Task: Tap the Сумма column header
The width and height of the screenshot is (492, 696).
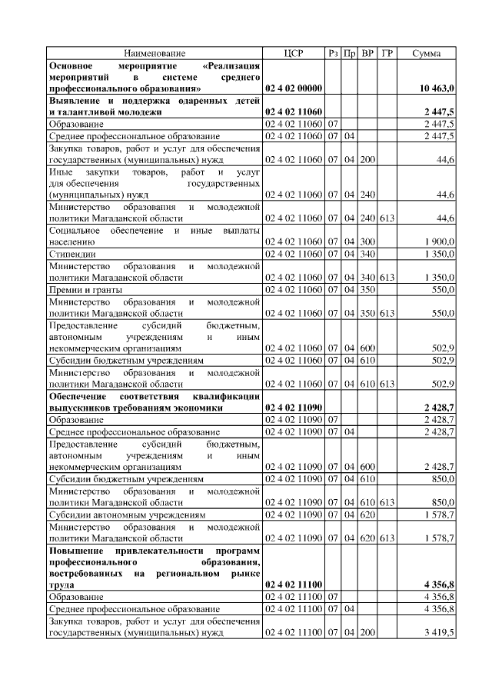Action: click(427, 53)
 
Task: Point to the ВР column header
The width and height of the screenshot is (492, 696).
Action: click(368, 53)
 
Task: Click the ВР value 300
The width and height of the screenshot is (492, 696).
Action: click(367, 241)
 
